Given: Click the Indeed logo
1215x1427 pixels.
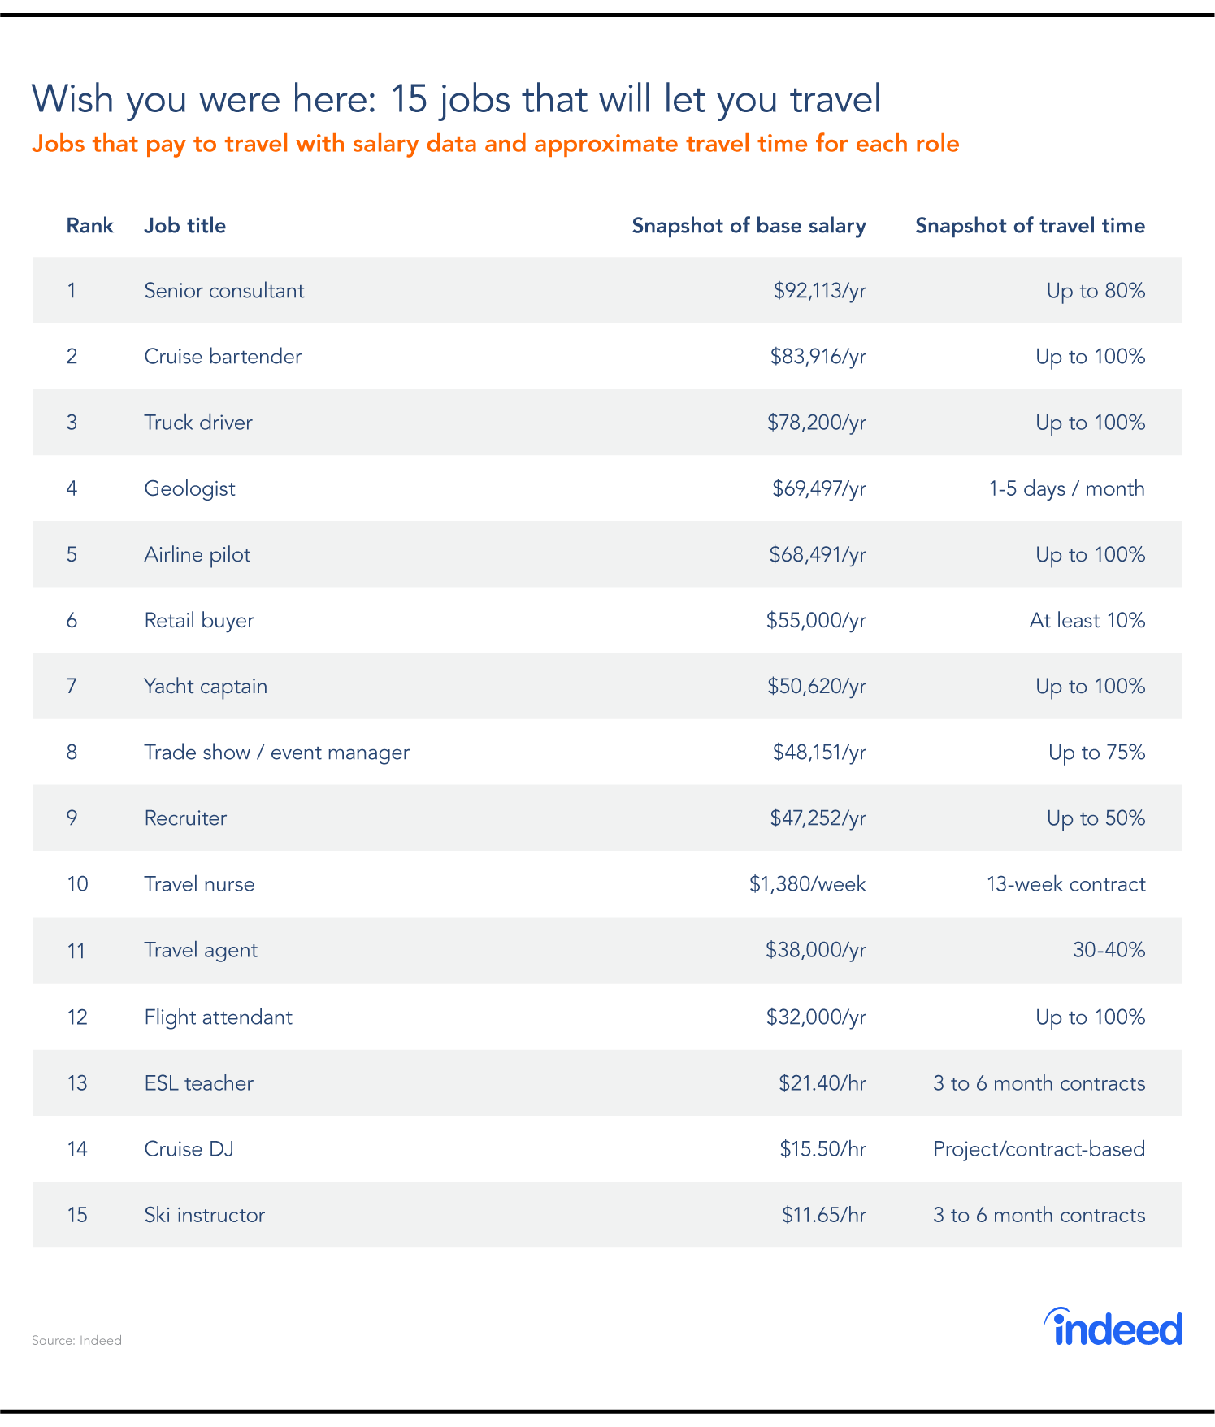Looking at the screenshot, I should pyautogui.click(x=1113, y=1328).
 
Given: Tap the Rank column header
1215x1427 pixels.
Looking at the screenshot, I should pyautogui.click(x=89, y=226).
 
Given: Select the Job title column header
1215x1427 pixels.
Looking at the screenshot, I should pyautogui.click(x=184, y=226).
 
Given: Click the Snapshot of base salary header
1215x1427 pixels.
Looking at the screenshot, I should pyautogui.click(x=749, y=226).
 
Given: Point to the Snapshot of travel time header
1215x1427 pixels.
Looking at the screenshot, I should pyautogui.click(x=1030, y=226).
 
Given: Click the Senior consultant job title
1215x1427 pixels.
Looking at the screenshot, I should pyautogui.click(x=223, y=291).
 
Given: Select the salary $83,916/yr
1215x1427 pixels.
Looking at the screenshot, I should pyautogui.click(x=818, y=357).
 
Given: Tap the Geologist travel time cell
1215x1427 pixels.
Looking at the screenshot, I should pyautogui.click(x=1066, y=488).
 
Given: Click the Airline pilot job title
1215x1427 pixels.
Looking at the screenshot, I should pyautogui.click(x=197, y=555).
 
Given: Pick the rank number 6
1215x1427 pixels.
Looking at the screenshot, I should pyautogui.click(x=72, y=621).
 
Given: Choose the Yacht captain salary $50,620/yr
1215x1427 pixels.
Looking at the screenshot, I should pyautogui.click(x=817, y=687).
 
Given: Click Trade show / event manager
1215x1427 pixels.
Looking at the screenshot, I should pyautogui.click(x=276, y=753).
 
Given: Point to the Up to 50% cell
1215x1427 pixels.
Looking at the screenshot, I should pyautogui.click(x=1096, y=818).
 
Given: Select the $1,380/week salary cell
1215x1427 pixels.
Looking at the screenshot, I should pyautogui.click(x=807, y=884).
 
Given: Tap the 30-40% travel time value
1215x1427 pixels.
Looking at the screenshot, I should pyautogui.click(x=1109, y=950).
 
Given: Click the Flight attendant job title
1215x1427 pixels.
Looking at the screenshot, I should pyautogui.click(x=218, y=1017).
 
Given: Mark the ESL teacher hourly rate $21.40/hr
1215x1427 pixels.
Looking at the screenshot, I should pyautogui.click(x=822, y=1083).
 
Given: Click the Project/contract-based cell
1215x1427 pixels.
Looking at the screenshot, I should pyautogui.click(x=1039, y=1149).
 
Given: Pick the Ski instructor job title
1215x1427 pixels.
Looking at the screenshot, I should pyautogui.click(x=204, y=1215).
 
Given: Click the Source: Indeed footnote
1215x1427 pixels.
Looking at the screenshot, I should pyautogui.click(x=76, y=1340).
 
